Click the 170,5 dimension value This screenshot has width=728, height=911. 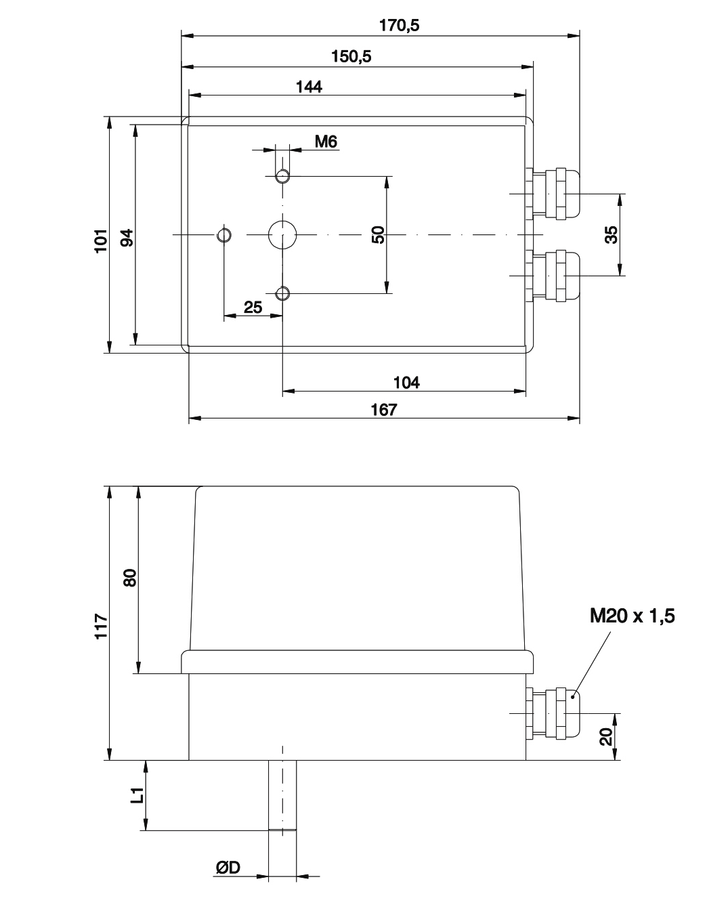(x=399, y=26)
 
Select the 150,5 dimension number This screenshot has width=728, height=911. (x=351, y=56)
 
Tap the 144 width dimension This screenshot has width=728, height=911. (x=309, y=87)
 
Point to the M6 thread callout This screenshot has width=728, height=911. (x=326, y=142)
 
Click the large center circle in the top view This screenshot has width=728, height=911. (x=282, y=234)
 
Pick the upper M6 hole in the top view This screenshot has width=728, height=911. (x=282, y=175)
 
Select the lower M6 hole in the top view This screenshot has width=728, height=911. (x=282, y=293)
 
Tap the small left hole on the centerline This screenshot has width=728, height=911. (x=224, y=234)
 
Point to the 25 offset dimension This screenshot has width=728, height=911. (x=253, y=308)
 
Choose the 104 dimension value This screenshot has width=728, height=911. (x=406, y=383)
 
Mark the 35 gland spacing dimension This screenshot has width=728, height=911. (x=611, y=235)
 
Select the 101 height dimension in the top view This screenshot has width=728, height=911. (x=101, y=241)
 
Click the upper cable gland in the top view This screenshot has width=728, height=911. (x=553, y=194)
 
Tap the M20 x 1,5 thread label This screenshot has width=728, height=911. (x=632, y=616)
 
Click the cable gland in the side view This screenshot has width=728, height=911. (x=553, y=713)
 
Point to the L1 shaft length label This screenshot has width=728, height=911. (x=137, y=795)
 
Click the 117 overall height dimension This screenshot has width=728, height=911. (x=101, y=626)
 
